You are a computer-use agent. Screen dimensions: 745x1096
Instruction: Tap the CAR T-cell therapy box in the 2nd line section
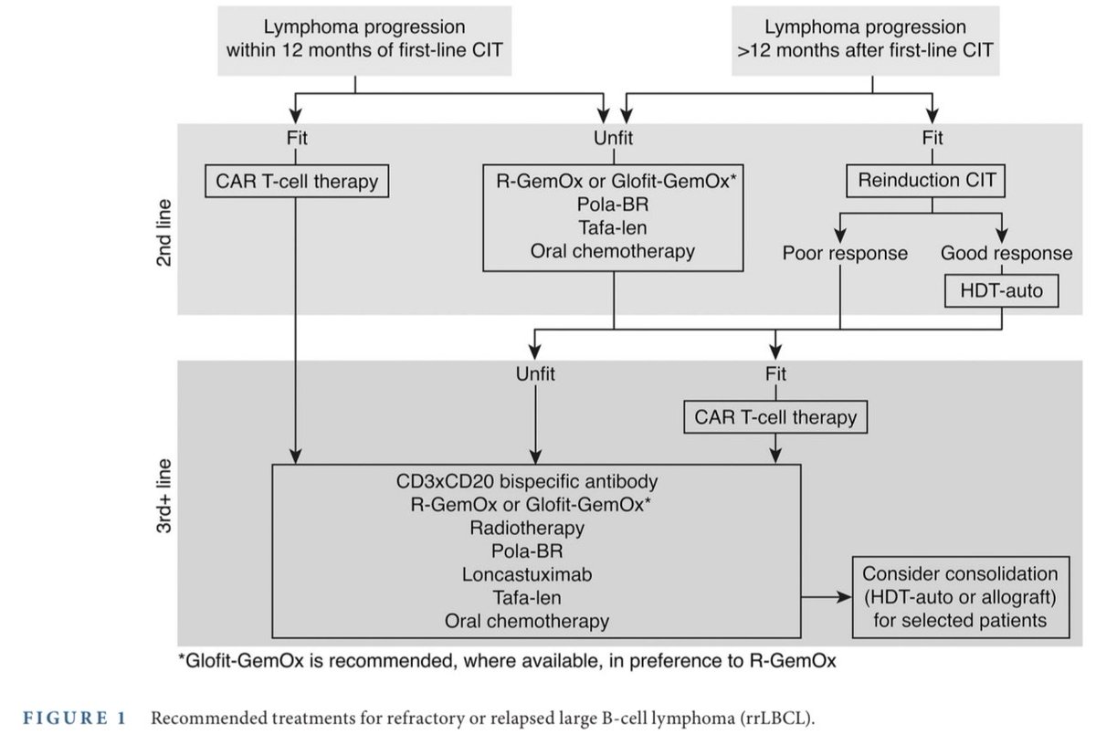[x=296, y=181]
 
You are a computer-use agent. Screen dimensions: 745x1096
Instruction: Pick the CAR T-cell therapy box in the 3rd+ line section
[x=775, y=417]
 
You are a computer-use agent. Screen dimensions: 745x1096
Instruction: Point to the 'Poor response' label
[x=845, y=253]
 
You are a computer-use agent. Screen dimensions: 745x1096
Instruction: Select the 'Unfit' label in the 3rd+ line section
[x=535, y=373]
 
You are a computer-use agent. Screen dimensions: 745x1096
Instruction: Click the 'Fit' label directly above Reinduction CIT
[x=931, y=139]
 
